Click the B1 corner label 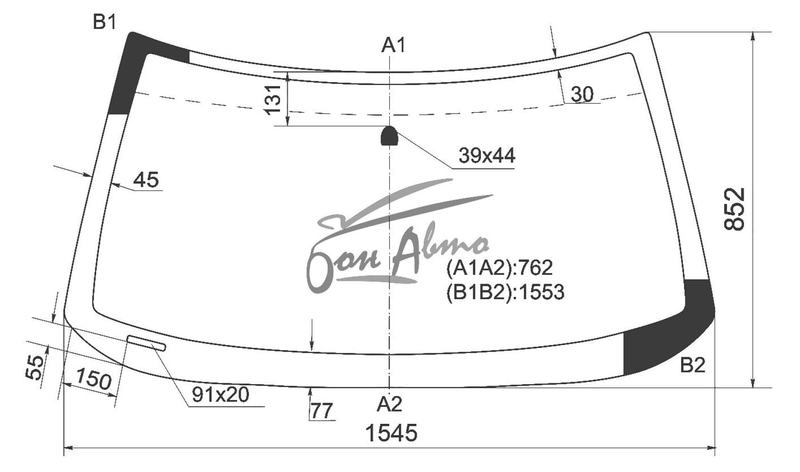[x=105, y=22]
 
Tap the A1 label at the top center [x=394, y=45]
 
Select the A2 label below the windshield [x=389, y=404]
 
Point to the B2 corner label [x=693, y=365]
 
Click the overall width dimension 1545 [x=391, y=433]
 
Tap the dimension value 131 [x=273, y=100]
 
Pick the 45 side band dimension [x=146, y=179]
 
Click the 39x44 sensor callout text [x=487, y=156]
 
